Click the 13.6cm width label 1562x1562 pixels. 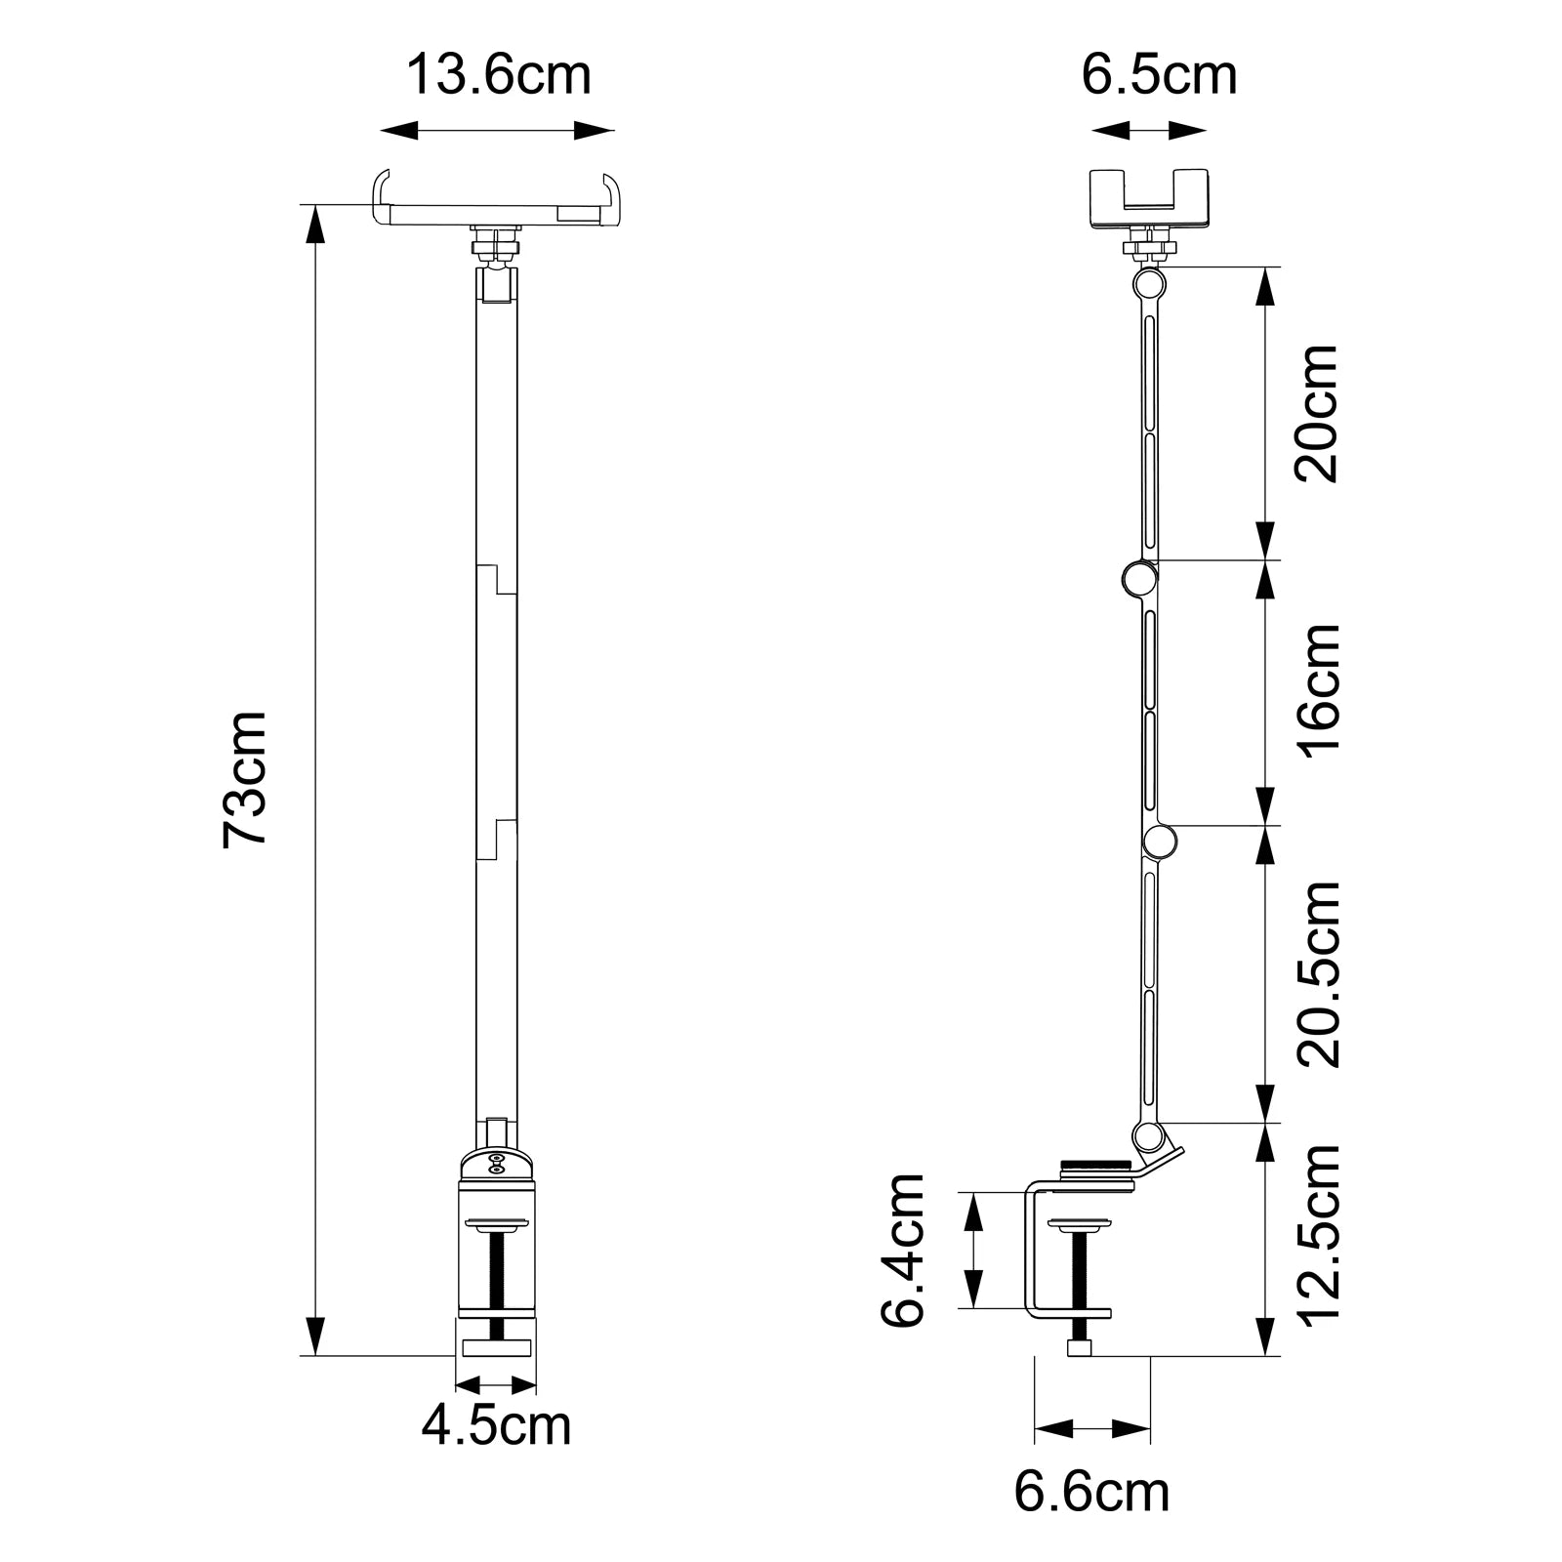[x=498, y=75]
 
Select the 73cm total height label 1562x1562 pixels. [x=245, y=778]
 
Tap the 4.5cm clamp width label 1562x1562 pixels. [x=496, y=1424]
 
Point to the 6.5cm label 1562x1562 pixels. [x=1159, y=75]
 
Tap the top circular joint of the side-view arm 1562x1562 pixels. [x=1149, y=284]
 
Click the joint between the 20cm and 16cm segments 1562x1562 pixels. [x=1137, y=580]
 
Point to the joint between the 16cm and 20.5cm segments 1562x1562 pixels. [x=1160, y=842]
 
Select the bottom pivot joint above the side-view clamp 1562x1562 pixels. [x=1149, y=1136]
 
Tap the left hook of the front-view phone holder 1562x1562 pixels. [x=381, y=195]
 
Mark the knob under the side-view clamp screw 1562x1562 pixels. [x=1080, y=1348]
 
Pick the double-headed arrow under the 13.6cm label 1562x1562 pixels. [x=497, y=130]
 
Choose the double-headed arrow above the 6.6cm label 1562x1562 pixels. [x=1091, y=1429]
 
